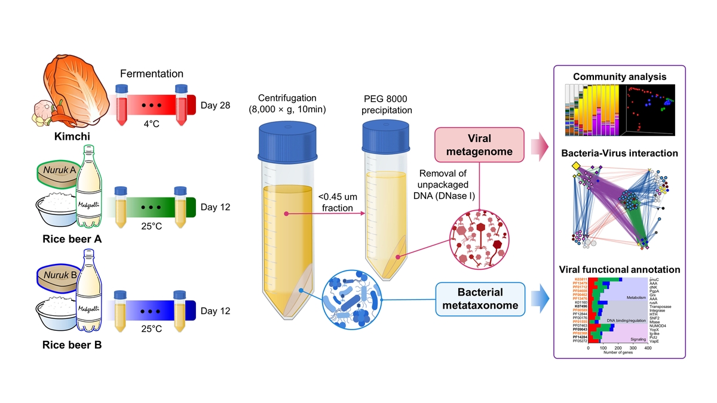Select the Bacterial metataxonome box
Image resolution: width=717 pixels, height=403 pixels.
[480, 300]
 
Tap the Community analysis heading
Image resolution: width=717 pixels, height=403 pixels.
[619, 76]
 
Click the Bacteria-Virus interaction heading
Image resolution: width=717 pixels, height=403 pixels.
[619, 153]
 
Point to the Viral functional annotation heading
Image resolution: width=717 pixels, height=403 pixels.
[619, 270]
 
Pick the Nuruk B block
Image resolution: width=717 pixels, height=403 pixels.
[56, 276]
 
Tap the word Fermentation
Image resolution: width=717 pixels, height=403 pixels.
[152, 74]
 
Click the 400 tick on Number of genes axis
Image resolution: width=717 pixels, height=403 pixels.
[648, 347]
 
